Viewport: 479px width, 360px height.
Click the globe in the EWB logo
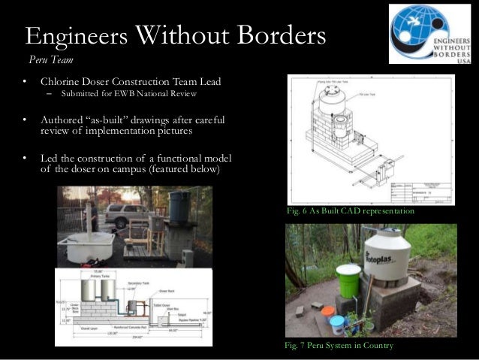[410, 32]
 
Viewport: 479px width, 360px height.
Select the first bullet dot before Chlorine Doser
[25, 81]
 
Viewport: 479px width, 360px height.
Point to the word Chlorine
[62, 81]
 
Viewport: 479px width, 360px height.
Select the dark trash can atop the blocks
[179, 207]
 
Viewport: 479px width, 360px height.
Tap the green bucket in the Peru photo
[348, 281]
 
